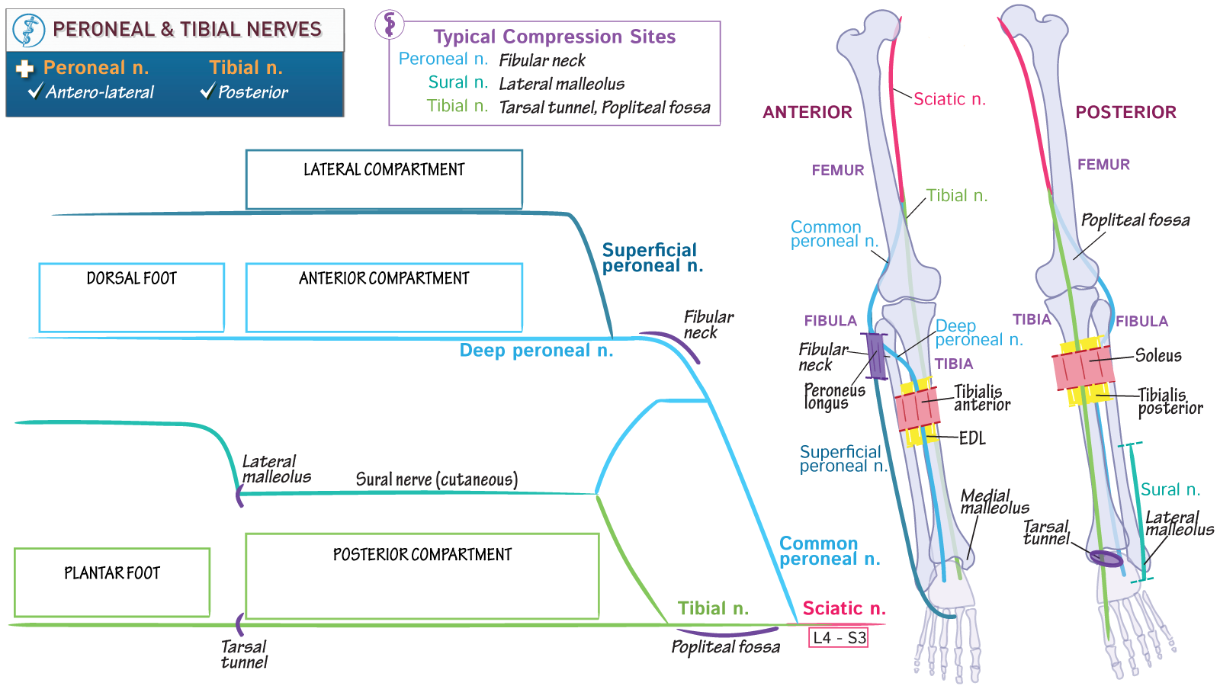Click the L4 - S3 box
[839, 638]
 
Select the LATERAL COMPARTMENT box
[384, 179]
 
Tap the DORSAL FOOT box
[131, 297]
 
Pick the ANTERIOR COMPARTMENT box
[384, 297]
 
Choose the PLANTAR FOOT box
[112, 582]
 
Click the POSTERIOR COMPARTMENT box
[422, 575]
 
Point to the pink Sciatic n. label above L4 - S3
[843, 608]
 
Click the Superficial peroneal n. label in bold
[652, 258]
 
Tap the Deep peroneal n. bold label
[536, 351]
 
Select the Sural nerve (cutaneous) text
[436, 479]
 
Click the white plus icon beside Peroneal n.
[24, 69]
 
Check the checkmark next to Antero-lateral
[35, 92]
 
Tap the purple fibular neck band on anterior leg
[876, 356]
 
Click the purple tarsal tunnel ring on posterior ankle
[1106, 559]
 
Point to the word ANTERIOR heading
[807, 113]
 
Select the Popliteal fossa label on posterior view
[1135, 220]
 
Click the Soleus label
[1157, 355]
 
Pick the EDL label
[971, 438]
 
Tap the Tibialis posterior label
[1170, 401]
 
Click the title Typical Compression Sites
[554, 37]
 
